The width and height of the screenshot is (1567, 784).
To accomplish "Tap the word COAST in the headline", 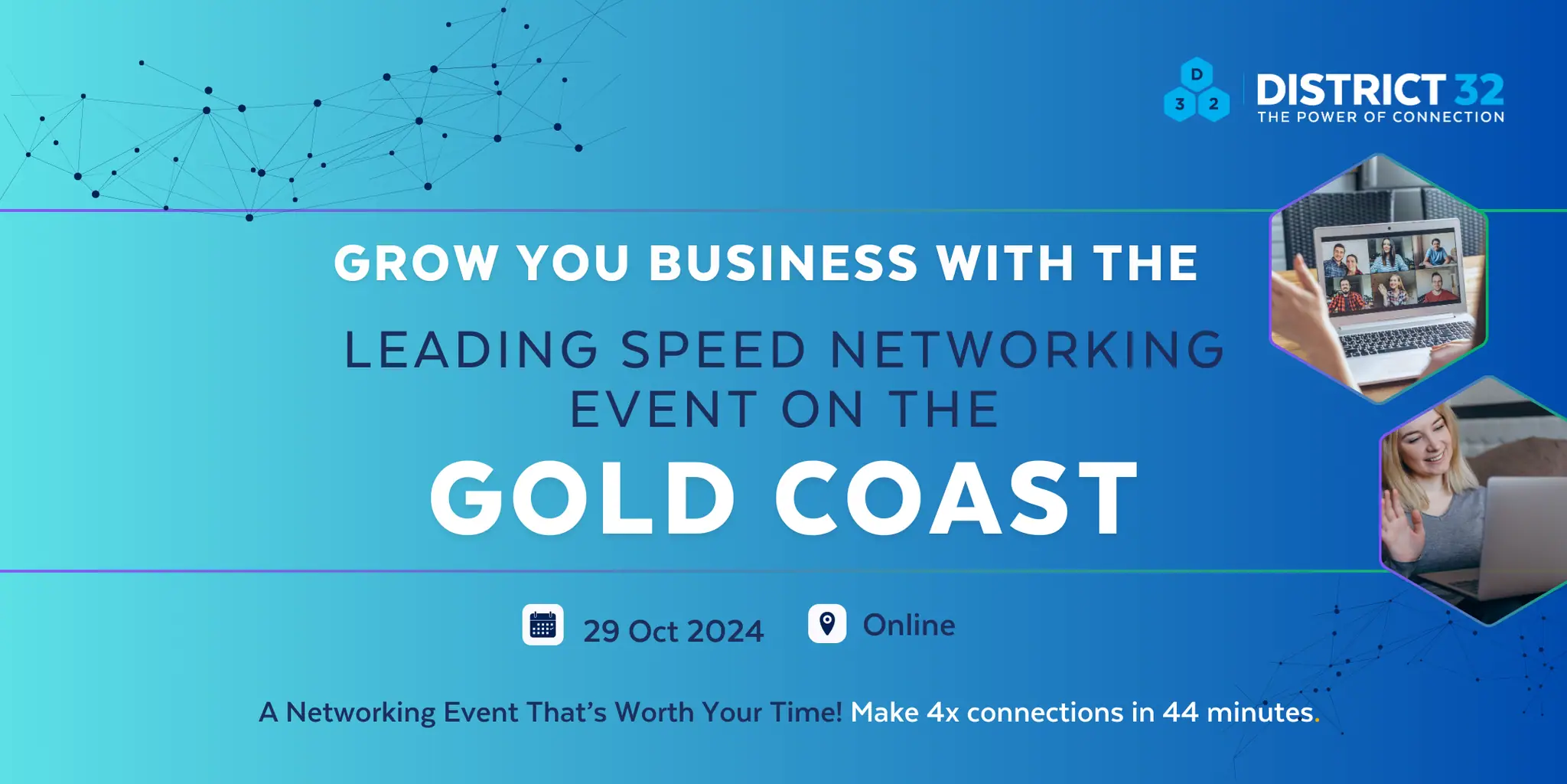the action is tap(956, 498).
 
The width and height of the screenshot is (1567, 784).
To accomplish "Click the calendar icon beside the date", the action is tap(542, 625).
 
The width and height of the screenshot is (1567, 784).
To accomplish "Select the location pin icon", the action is tap(827, 623).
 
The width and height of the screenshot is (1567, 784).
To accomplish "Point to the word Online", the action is tap(909, 625).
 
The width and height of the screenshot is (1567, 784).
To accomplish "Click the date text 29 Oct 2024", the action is tap(673, 631).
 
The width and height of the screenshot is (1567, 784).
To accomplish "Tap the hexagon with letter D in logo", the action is tap(1197, 75).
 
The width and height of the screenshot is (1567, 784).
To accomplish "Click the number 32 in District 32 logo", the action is tap(1480, 90).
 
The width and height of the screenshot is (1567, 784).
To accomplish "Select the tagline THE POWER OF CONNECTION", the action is tap(1381, 117).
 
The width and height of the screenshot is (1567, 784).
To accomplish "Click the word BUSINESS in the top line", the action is tap(783, 263).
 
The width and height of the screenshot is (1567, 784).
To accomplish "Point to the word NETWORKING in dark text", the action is tap(1028, 350).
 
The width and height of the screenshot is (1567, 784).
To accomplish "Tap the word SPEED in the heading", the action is tap(713, 350).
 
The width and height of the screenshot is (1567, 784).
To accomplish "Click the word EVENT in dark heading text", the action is tap(663, 410).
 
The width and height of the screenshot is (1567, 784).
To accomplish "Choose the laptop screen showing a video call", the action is tap(1389, 268).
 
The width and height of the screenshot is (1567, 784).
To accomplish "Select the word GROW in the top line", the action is tap(416, 263).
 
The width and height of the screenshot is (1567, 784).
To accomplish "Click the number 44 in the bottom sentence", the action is tap(1181, 712).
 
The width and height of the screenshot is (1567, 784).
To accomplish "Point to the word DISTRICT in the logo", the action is tap(1351, 90).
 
